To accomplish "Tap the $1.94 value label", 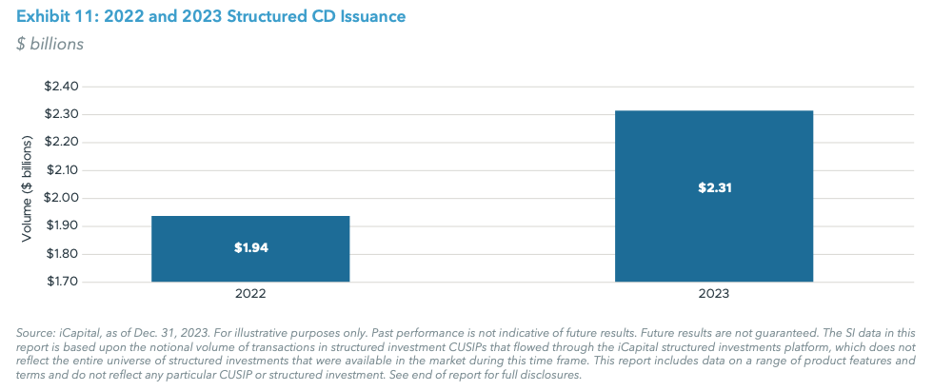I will pos(250,247).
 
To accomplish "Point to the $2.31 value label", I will pos(714,187).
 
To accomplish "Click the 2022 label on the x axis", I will pos(250,294).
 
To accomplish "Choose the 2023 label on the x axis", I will pos(714,294).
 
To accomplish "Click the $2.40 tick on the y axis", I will pos(63,87).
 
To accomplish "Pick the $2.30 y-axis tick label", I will pos(63,114).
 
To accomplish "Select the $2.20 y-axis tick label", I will pos(63,143).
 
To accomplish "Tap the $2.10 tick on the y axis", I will pos(63,170).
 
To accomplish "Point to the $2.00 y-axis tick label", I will pos(63,198).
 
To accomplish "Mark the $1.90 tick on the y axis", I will pos(63,226).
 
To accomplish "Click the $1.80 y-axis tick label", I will pos(63,254).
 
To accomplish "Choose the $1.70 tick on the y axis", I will pos(63,282).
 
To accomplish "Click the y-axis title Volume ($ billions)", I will pos(27,185).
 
